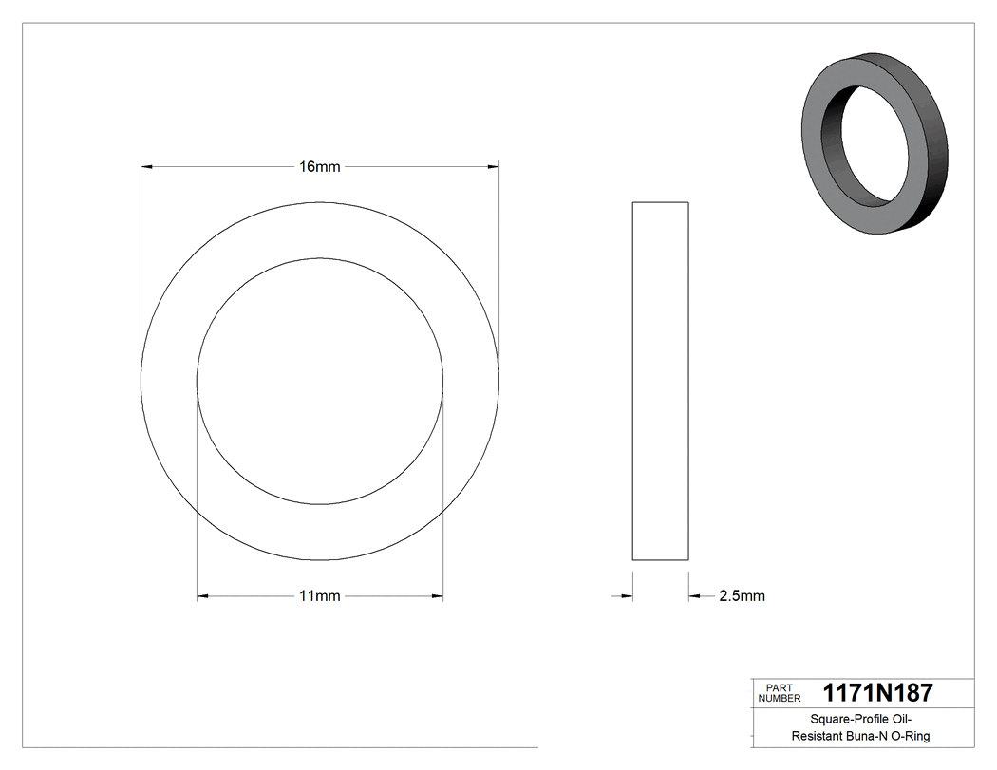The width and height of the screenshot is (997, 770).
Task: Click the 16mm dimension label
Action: click(x=319, y=167)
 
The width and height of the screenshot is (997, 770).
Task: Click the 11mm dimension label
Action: click(x=319, y=596)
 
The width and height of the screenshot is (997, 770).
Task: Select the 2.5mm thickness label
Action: click(x=742, y=596)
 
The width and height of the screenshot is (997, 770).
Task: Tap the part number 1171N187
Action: click(x=877, y=692)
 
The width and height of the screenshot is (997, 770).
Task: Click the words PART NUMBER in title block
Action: click(x=780, y=692)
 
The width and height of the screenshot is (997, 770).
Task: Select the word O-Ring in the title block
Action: click(x=909, y=736)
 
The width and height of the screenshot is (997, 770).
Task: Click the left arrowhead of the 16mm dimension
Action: click(x=146, y=167)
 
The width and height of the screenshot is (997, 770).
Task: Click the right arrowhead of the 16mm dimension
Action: click(x=493, y=167)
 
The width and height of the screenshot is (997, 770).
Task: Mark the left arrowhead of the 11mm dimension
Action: click(x=202, y=596)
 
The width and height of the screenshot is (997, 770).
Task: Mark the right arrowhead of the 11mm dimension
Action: click(x=437, y=596)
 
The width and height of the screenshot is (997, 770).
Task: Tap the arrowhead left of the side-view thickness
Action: click(x=627, y=596)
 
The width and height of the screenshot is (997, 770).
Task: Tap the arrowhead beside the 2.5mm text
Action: click(x=695, y=596)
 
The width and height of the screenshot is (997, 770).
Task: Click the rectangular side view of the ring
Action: click(x=660, y=381)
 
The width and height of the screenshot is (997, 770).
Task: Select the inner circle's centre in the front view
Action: click(x=320, y=381)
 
